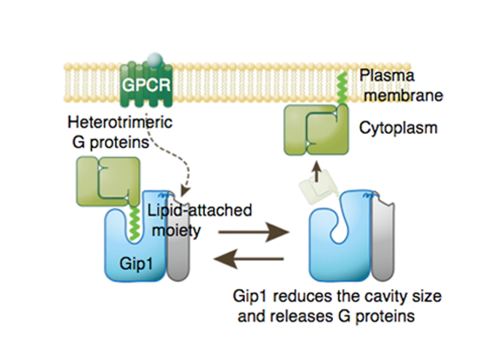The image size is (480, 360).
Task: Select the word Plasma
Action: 387,76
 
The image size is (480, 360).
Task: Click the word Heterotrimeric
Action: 120,122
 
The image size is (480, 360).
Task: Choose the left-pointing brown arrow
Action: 248,260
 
